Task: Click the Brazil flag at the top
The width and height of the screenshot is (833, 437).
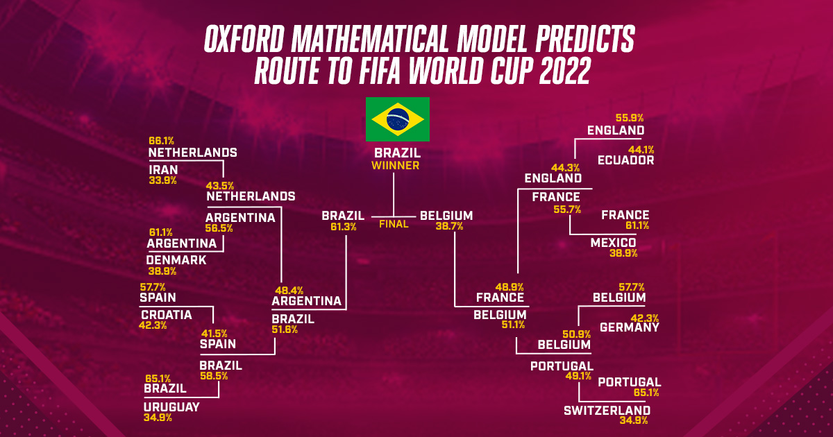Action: pyautogui.click(x=398, y=119)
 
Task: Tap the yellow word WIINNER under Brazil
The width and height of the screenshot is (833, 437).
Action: pyautogui.click(x=395, y=166)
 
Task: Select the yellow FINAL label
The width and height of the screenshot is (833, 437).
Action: pyautogui.click(x=394, y=224)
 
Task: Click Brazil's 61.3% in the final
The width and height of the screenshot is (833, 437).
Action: pyautogui.click(x=344, y=227)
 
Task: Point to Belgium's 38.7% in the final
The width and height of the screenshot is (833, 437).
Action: pyautogui.click(x=449, y=226)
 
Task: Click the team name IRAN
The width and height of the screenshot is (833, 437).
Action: pyautogui.click(x=163, y=170)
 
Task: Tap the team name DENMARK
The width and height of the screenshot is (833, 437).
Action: pyautogui.click(x=176, y=259)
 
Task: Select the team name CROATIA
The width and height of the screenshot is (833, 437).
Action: pyautogui.click(x=167, y=315)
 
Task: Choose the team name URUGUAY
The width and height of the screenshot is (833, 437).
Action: pyautogui.click(x=172, y=407)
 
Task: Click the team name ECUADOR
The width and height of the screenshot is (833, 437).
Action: pyautogui.click(x=626, y=160)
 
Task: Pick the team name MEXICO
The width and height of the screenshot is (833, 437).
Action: pyautogui.click(x=613, y=243)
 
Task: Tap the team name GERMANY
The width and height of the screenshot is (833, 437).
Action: pyautogui.click(x=630, y=327)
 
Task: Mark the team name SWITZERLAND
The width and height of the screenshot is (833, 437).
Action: pyautogui.click(x=607, y=411)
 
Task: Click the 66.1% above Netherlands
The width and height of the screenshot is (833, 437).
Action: pyautogui.click(x=161, y=141)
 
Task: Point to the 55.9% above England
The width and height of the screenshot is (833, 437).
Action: pyautogui.click(x=630, y=118)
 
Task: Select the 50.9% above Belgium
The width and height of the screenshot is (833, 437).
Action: pyautogui.click(x=576, y=334)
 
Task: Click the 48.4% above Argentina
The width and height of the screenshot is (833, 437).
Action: pyautogui.click(x=289, y=290)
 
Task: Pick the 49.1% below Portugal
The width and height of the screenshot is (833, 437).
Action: pyautogui.click(x=578, y=376)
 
